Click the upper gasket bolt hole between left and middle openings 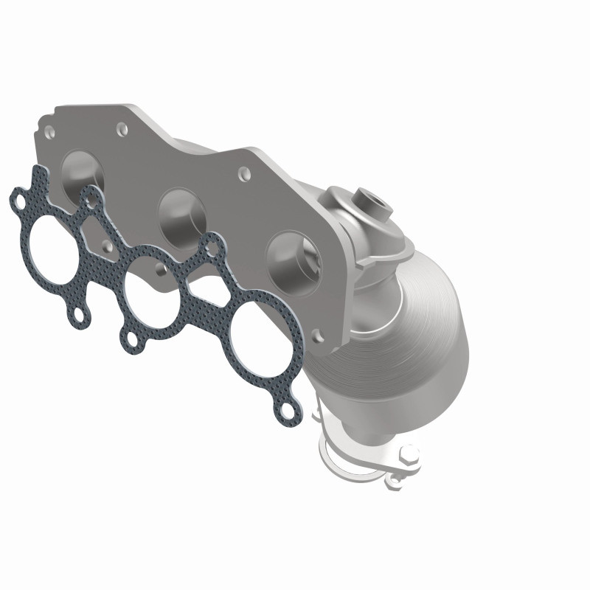[91, 196]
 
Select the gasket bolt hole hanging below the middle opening [130, 341]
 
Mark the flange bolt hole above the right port [243, 175]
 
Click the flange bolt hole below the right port [319, 338]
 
